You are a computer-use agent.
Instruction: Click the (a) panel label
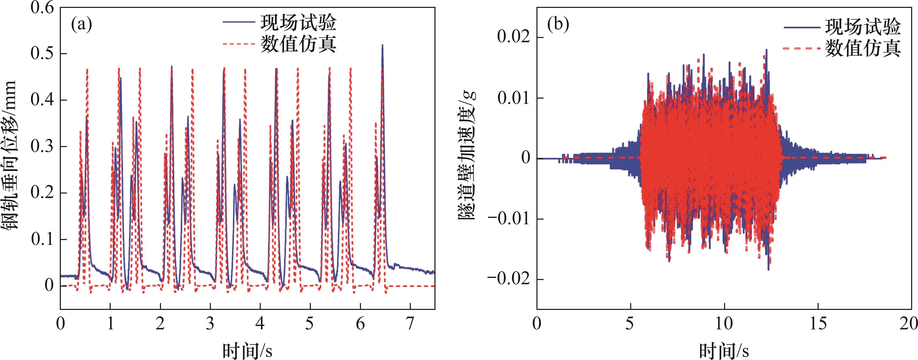[x=82, y=25]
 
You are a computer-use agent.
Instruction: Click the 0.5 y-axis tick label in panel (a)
[x=42, y=54]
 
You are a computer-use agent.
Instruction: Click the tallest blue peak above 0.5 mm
[x=382, y=46]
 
